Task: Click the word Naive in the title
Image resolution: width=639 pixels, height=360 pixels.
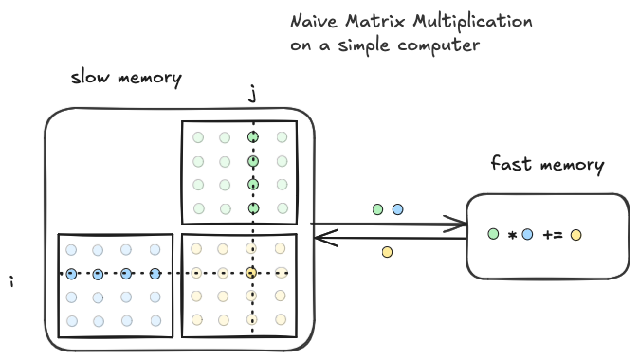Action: point(314,21)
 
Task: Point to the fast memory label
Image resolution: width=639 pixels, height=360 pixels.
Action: point(547,164)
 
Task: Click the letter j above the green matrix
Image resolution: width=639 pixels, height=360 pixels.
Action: point(252,96)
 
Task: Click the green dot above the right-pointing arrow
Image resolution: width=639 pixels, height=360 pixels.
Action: point(378,208)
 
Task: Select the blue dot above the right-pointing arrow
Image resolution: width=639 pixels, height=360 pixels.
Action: point(398,208)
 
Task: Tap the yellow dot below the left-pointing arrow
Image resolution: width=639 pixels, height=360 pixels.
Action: point(387,252)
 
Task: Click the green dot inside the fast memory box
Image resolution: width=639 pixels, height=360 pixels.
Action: point(493,233)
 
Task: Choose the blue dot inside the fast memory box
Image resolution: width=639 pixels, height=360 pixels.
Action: point(528,233)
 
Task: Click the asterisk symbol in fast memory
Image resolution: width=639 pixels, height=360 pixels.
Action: point(511,234)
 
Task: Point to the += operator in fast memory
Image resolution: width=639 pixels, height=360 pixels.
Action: point(552,233)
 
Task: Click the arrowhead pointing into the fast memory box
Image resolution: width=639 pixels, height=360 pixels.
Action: point(462,225)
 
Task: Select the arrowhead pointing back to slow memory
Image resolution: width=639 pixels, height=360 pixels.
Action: point(319,240)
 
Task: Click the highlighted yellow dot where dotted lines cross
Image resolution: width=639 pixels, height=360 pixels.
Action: point(252,274)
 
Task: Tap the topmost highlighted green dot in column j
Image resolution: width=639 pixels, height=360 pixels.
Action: point(252,137)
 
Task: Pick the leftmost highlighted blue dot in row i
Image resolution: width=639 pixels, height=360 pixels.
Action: point(71,274)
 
